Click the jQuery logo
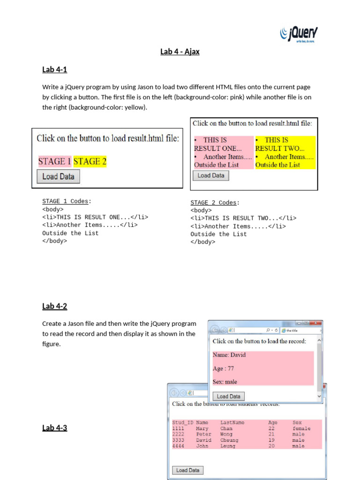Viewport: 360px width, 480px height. [x=299, y=34]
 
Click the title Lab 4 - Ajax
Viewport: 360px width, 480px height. [x=180, y=52]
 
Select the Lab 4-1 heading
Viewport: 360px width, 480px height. [x=54, y=70]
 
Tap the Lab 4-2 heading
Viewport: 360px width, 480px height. [x=54, y=306]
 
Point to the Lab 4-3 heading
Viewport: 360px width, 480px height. [x=54, y=427]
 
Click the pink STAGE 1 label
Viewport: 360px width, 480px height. [x=54, y=161]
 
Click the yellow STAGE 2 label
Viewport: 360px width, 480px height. [x=90, y=161]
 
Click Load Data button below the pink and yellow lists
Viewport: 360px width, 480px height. [x=211, y=175]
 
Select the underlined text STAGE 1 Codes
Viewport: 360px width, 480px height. [x=65, y=201]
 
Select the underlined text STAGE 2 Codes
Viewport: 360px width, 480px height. [x=214, y=202]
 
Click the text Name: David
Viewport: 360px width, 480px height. [x=229, y=355]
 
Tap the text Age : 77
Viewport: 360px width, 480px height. [x=223, y=368]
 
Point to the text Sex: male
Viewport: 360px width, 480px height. [x=225, y=382]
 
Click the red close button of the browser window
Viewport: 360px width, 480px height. [x=316, y=323]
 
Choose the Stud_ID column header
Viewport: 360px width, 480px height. [x=182, y=422]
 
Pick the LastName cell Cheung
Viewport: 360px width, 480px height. [x=229, y=440]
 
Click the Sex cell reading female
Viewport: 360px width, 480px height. [x=301, y=428]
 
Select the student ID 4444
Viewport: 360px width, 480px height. [x=178, y=446]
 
